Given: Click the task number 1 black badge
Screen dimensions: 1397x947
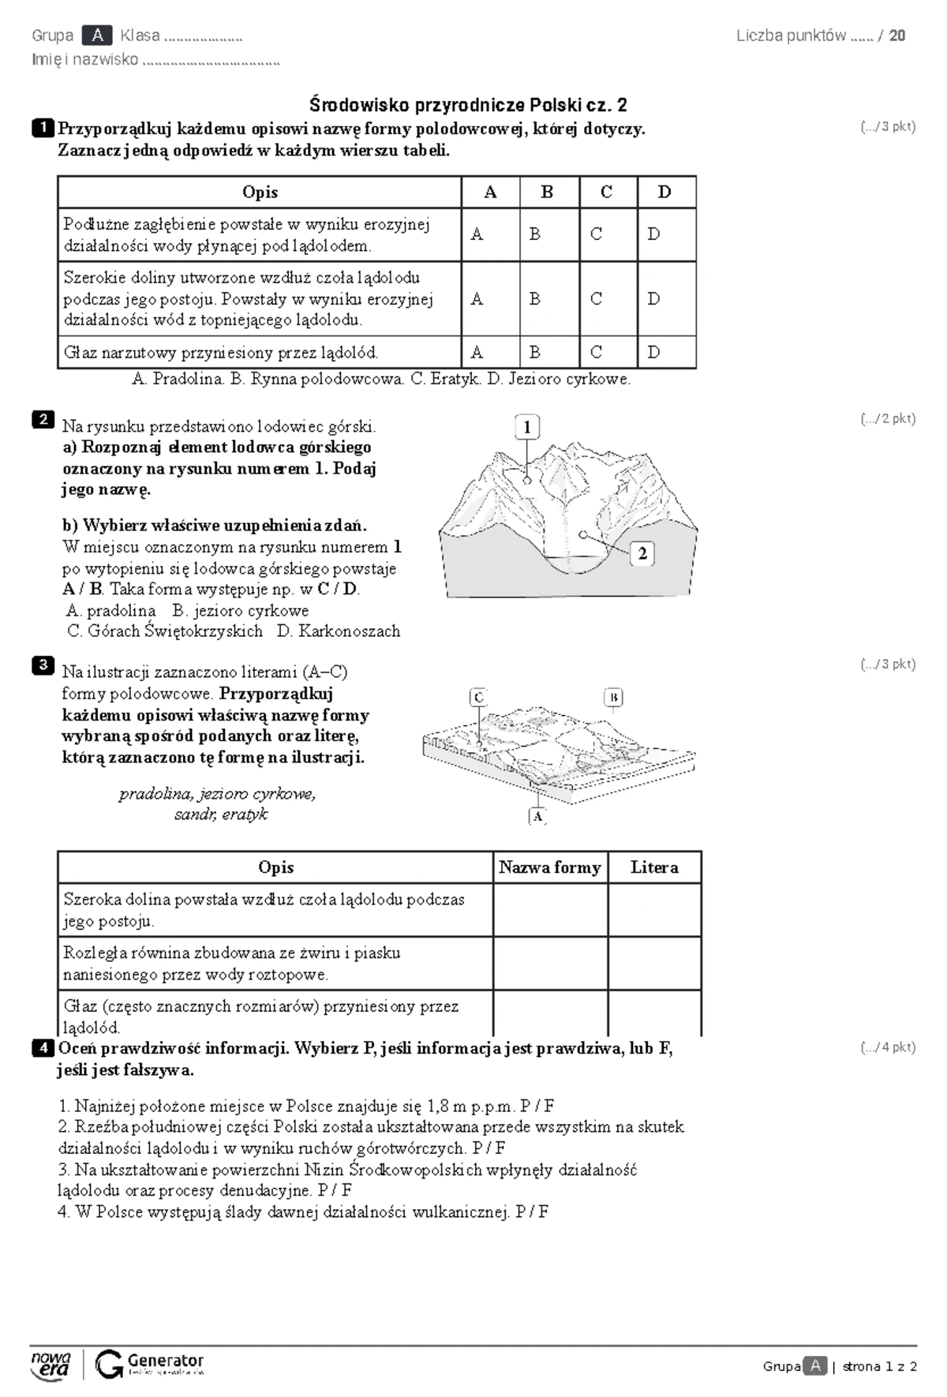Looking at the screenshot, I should click(x=43, y=128).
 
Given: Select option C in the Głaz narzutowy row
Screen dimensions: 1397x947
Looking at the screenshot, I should click(x=597, y=352).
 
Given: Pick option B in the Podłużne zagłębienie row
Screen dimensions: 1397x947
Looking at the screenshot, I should click(x=535, y=234).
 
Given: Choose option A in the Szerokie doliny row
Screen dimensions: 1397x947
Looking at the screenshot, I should click(x=477, y=298).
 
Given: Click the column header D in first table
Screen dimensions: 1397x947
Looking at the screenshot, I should click(x=664, y=192).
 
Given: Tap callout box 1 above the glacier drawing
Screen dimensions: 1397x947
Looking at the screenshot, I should click(x=527, y=427).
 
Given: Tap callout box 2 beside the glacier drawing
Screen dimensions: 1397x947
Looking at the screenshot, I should click(x=642, y=553).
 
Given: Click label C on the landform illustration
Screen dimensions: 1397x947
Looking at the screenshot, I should click(x=478, y=698).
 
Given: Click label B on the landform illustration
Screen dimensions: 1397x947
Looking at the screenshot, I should click(x=613, y=698).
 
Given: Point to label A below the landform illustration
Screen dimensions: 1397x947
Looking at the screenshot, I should click(x=537, y=816).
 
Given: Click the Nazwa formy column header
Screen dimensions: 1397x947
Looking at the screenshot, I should click(x=550, y=867).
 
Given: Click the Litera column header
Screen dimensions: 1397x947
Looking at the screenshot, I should click(x=654, y=867).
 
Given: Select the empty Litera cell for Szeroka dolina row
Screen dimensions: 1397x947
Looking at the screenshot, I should click(x=654, y=909).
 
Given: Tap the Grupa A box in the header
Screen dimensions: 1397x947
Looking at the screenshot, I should click(x=97, y=36).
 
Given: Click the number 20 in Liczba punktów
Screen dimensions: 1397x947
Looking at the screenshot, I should click(x=896, y=36).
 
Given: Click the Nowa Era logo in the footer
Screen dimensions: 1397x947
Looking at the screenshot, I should click(x=51, y=1365).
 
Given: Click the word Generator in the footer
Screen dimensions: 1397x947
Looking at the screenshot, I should click(x=165, y=1360).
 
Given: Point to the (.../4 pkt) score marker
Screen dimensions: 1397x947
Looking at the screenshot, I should click(x=888, y=1047).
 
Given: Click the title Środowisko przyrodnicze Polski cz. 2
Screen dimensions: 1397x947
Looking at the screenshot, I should click(x=468, y=105).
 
